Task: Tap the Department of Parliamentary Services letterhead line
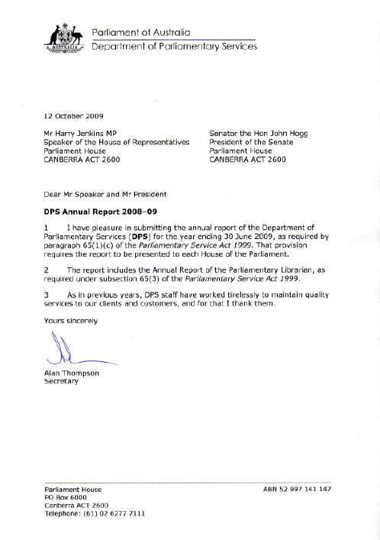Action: (x=174, y=46)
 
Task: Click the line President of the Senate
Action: (x=254, y=142)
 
